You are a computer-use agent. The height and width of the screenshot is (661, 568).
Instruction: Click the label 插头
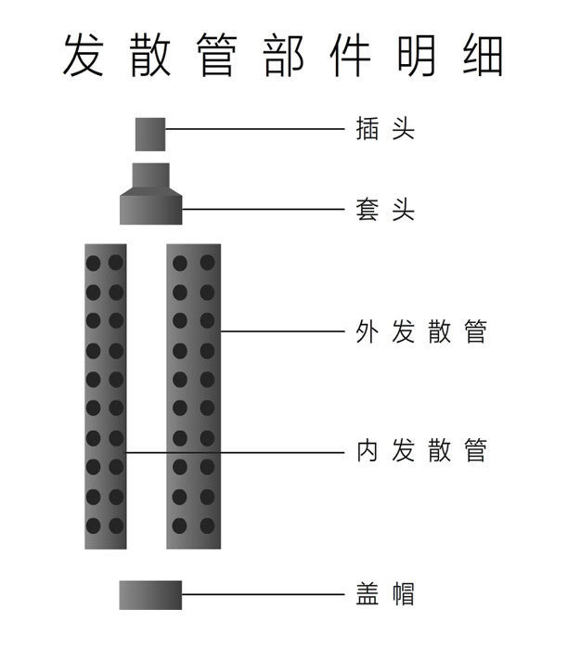tap(384, 129)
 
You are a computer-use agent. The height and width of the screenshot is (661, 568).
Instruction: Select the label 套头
tap(384, 210)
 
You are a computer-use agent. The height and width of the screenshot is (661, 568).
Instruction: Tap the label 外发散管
tap(421, 331)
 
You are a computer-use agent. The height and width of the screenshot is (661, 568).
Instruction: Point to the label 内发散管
tap(421, 452)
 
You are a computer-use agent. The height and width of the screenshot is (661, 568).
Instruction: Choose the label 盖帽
tap(384, 594)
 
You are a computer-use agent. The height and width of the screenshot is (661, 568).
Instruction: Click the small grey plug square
tap(150, 134)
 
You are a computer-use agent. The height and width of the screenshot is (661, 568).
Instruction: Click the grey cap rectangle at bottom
tap(150, 594)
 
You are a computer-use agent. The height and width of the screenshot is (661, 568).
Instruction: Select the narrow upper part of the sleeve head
tap(150, 175)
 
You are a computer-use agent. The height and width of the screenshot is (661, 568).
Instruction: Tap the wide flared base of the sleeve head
tap(150, 209)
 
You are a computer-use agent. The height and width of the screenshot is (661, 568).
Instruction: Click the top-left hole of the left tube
tap(94, 263)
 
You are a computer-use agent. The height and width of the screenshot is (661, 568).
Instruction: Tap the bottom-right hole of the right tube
tap(207, 525)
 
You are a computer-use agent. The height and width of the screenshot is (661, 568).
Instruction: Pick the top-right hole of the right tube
tap(207, 263)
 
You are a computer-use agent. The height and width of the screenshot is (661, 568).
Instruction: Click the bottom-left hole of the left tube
tap(94, 525)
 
